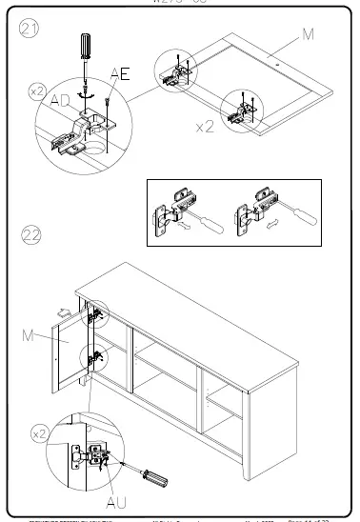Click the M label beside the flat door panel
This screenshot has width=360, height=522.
(x=308, y=34)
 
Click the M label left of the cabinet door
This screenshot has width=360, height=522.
(x=29, y=334)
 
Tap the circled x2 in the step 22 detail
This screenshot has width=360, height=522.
(x=38, y=432)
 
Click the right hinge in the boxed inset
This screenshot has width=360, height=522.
(x=255, y=210)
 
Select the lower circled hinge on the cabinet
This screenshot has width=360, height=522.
(x=96, y=359)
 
